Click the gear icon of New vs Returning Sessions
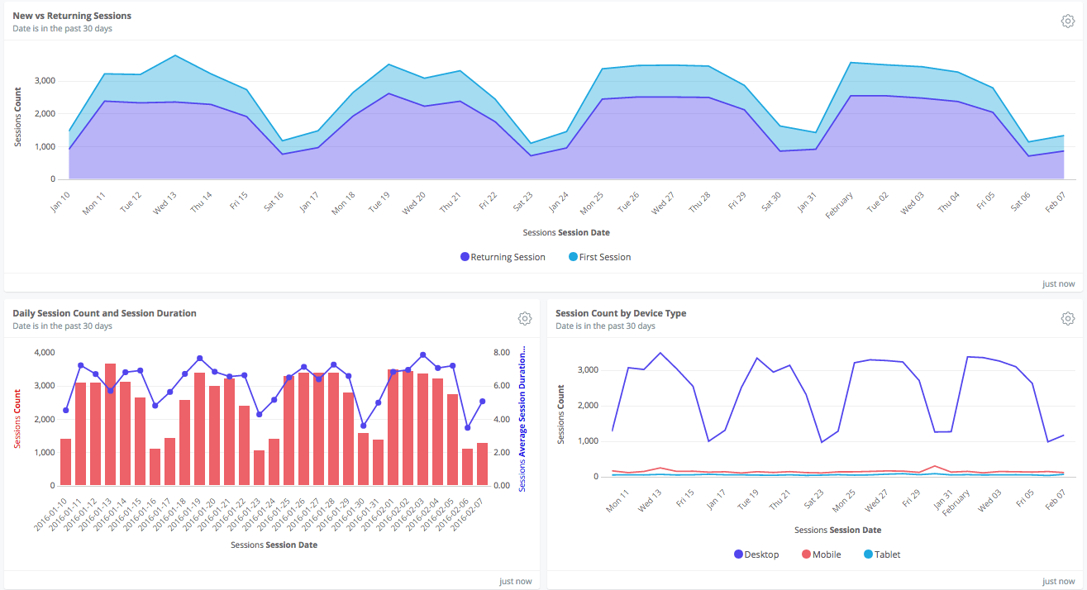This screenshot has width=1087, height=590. pyautogui.click(x=1067, y=21)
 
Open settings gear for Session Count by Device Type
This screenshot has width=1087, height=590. pyautogui.click(x=1067, y=319)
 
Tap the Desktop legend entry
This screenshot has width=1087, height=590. pyautogui.click(x=756, y=554)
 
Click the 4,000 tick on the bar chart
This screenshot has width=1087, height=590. pyautogui.click(x=42, y=353)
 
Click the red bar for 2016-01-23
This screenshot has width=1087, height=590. pyautogui.click(x=259, y=468)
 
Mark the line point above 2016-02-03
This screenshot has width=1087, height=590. pyautogui.click(x=422, y=354)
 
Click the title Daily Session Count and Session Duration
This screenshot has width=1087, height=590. pyautogui.click(x=104, y=313)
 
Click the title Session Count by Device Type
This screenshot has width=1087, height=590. pyautogui.click(x=621, y=313)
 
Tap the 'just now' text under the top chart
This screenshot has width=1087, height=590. pyautogui.click(x=1058, y=283)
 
